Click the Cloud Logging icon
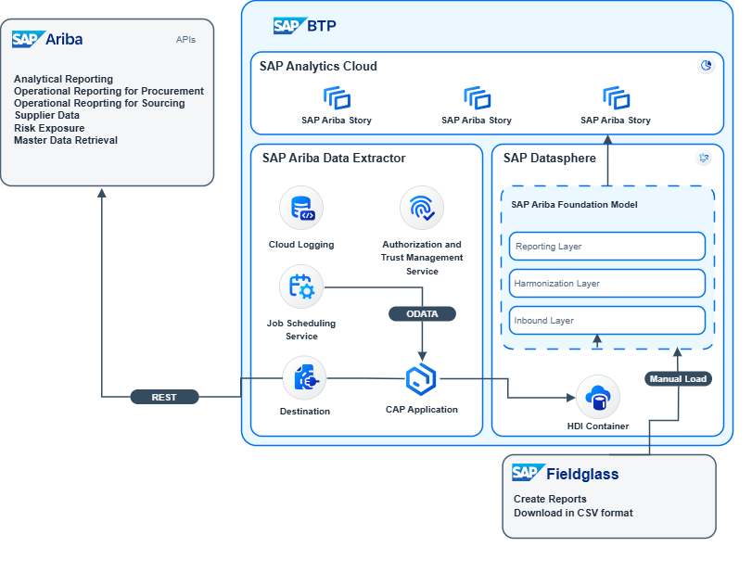[x=301, y=208]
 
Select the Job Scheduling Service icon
[x=301, y=287]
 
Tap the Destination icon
[x=304, y=378]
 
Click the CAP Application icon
[x=421, y=378]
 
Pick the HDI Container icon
[x=597, y=397]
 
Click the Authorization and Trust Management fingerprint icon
[x=422, y=208]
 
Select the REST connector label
[x=164, y=397]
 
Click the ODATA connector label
[x=422, y=313]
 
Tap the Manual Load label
[x=678, y=378]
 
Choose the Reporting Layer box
[x=607, y=247]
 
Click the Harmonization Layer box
[x=607, y=284]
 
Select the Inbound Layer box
[x=607, y=321]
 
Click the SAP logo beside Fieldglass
[x=526, y=473]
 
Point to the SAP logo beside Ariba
[x=26, y=39]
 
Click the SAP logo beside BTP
[x=287, y=26]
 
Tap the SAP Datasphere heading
[x=550, y=159]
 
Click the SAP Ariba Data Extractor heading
[x=334, y=159]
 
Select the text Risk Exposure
[x=49, y=128]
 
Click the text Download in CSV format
[x=573, y=513]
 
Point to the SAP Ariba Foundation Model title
[x=574, y=205]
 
